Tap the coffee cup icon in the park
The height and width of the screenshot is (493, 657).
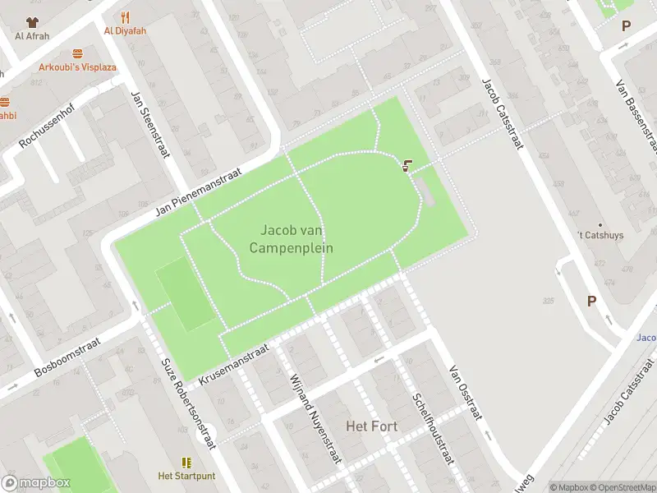tap(407, 165)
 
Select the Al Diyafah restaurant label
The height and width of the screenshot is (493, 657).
tap(125, 32)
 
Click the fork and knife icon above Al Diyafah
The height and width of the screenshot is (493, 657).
tap(125, 16)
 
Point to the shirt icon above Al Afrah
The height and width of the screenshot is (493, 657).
tap(32, 22)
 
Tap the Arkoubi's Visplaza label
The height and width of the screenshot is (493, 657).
tap(77, 67)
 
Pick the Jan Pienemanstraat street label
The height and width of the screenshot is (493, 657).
tap(198, 193)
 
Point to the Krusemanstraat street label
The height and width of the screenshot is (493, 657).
tap(234, 365)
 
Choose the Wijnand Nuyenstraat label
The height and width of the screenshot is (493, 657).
tap(315, 419)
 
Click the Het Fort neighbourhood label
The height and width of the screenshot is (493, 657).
tap(367, 426)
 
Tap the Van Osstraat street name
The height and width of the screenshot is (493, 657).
tap(466, 392)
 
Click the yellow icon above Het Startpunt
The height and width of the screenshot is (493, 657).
tap(186, 463)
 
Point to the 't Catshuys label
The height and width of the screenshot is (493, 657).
tap(600, 235)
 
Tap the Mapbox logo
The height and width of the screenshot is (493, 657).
tap(36, 483)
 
